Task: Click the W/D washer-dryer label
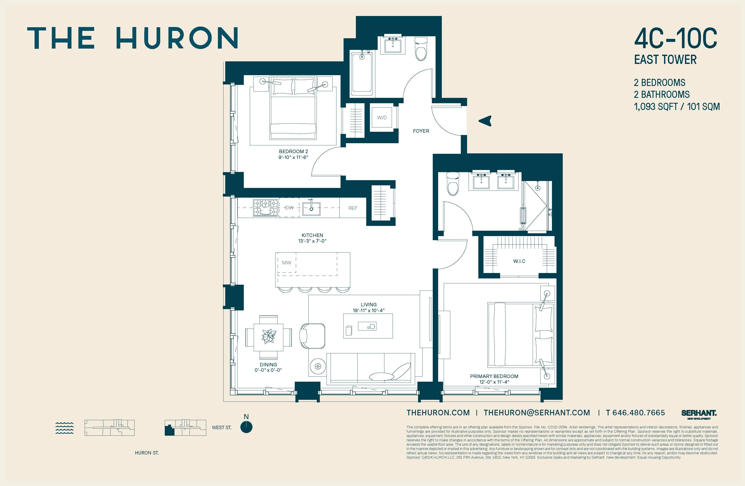(382, 118)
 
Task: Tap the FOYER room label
(421, 131)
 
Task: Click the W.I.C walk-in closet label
(519, 261)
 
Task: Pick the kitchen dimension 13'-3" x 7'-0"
(312, 241)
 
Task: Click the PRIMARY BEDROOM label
(494, 376)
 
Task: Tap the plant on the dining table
(268, 336)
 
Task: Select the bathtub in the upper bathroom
(362, 74)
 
